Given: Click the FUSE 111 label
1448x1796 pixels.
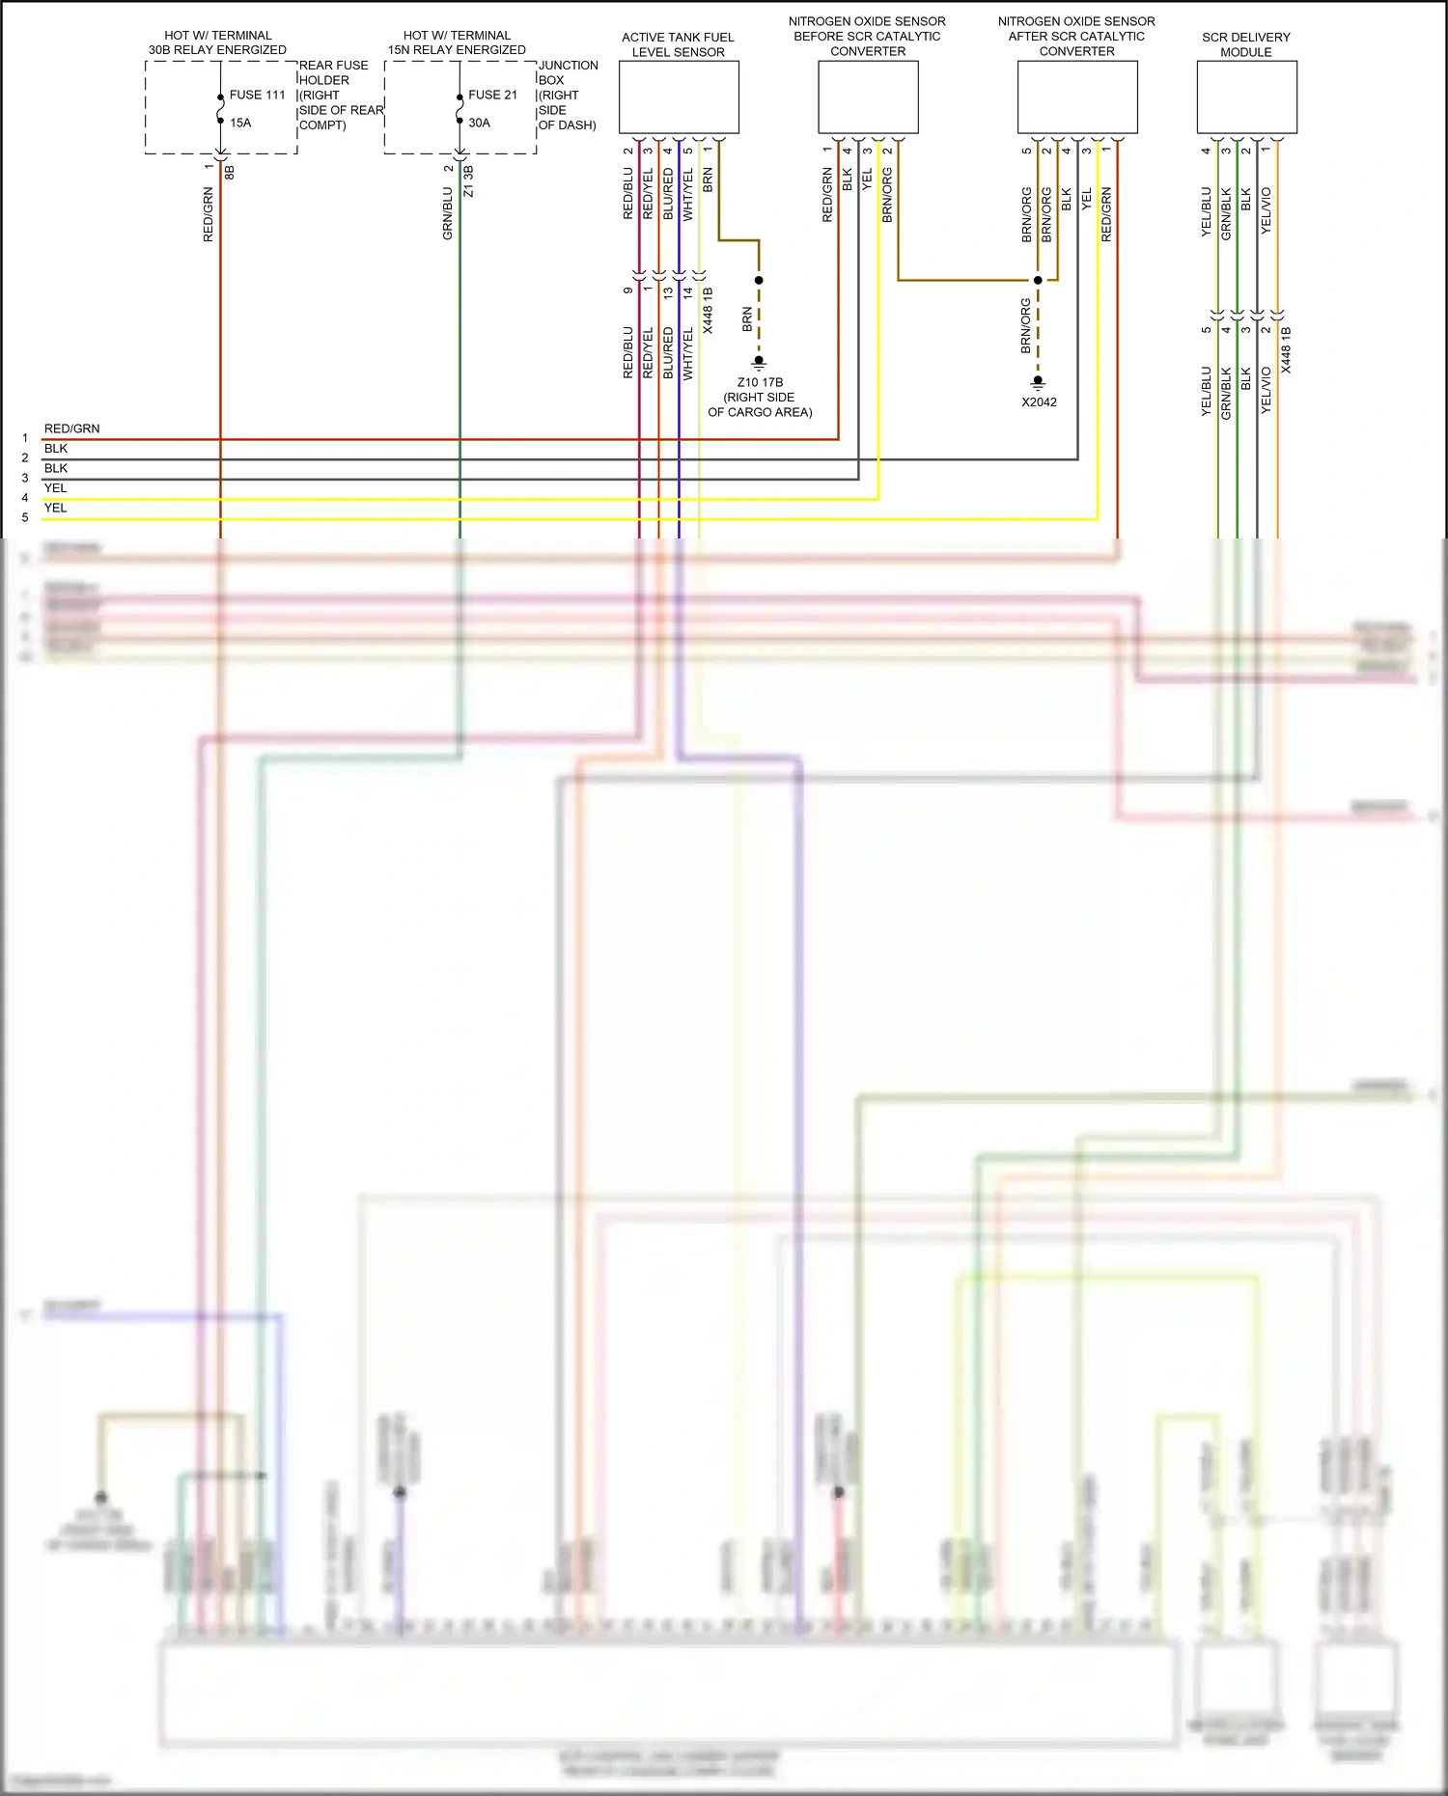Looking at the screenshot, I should click(x=257, y=95).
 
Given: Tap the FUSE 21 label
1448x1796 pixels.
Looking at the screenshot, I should click(x=492, y=95).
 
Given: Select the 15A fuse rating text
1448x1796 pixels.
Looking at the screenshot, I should click(x=240, y=123).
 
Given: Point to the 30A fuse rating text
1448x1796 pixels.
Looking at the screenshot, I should click(x=479, y=123).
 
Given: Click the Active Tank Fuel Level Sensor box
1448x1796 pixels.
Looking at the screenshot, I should click(x=679, y=97).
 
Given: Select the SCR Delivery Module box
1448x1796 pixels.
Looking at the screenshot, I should click(x=1246, y=97).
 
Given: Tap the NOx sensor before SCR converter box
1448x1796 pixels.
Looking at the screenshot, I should click(x=868, y=97).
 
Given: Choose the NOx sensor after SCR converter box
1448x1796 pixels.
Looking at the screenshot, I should click(x=1077, y=97).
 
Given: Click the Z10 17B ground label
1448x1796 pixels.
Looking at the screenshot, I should click(x=760, y=382).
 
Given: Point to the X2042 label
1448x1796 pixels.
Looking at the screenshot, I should click(x=1039, y=402).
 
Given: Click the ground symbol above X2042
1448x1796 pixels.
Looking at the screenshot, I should click(x=1039, y=383).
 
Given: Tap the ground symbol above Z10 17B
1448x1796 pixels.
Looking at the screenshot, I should click(x=759, y=363).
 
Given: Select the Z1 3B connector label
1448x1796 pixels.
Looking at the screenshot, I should click(x=469, y=181).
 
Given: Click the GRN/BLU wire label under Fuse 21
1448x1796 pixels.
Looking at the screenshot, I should click(x=447, y=213).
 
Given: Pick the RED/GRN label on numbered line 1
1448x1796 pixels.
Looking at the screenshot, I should click(x=71, y=428).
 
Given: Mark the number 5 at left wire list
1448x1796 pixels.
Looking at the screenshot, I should click(x=25, y=517).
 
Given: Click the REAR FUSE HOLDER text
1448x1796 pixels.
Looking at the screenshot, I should click(x=333, y=72).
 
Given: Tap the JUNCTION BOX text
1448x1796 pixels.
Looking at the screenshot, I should click(x=568, y=72).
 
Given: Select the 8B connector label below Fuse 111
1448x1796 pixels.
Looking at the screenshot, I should click(x=230, y=174).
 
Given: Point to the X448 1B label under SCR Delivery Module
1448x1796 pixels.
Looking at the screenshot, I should click(x=1286, y=350).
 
